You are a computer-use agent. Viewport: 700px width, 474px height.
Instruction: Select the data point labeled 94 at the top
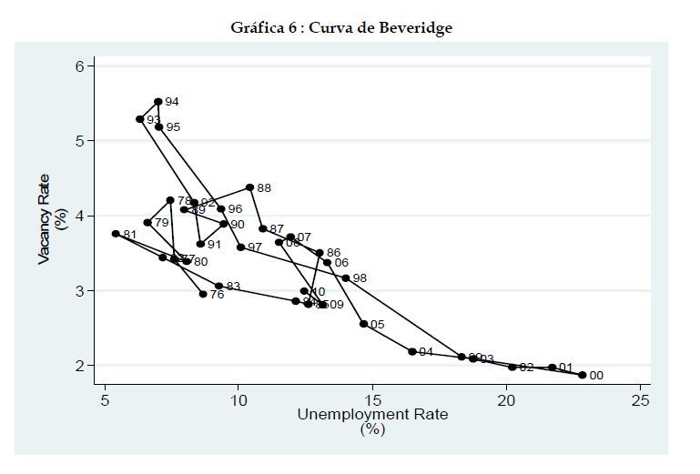pos(158,102)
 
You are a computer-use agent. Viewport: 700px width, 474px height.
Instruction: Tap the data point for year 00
pos(582,375)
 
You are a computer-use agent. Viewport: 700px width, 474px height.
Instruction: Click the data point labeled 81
pos(116,234)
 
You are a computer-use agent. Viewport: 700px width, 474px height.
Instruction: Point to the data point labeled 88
pos(250,187)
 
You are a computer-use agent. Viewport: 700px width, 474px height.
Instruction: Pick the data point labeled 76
pos(203,294)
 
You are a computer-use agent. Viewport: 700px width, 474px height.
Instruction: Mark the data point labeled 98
pos(346,278)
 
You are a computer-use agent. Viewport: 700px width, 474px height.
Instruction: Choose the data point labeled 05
pos(363,324)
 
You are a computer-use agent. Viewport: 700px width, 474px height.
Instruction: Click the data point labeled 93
pos(140,119)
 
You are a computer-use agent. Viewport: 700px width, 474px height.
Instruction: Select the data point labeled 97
pos(240,247)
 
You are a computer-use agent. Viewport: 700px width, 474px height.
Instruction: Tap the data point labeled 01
pos(552,368)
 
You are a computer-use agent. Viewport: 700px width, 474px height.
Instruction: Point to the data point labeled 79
pos(147,222)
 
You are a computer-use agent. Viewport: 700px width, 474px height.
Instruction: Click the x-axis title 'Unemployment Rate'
pos(372,414)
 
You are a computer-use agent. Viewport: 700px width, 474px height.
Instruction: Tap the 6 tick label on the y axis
pos(79,66)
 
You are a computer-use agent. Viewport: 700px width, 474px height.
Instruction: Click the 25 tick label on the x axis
pos(640,401)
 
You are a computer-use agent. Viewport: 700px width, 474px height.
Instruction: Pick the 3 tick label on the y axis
pos(79,291)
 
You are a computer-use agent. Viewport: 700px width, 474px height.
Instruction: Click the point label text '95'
pos(173,127)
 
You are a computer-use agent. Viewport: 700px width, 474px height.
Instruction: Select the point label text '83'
pos(233,287)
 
